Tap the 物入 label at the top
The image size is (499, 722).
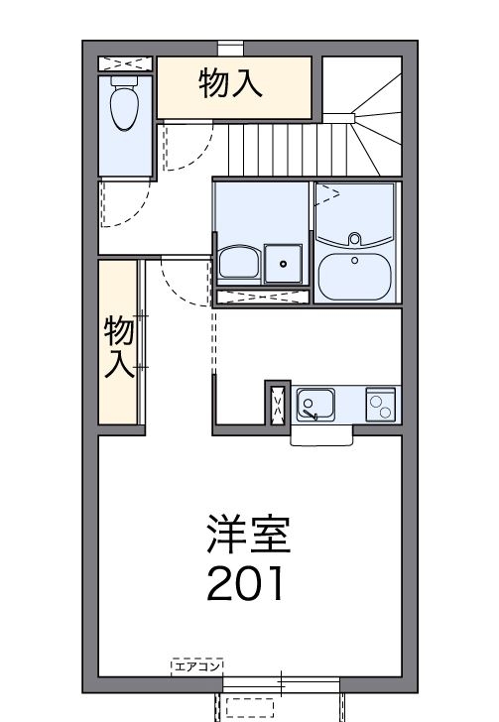231,83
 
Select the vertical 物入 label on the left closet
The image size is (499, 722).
119,346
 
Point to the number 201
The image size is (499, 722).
245,584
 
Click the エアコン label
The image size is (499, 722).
196,665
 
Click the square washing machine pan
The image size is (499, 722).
284,263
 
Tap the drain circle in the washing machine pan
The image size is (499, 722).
284,264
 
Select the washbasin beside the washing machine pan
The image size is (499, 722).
238,263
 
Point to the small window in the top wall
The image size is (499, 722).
230,46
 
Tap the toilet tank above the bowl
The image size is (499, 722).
124,87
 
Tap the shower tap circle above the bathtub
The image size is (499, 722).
354,238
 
